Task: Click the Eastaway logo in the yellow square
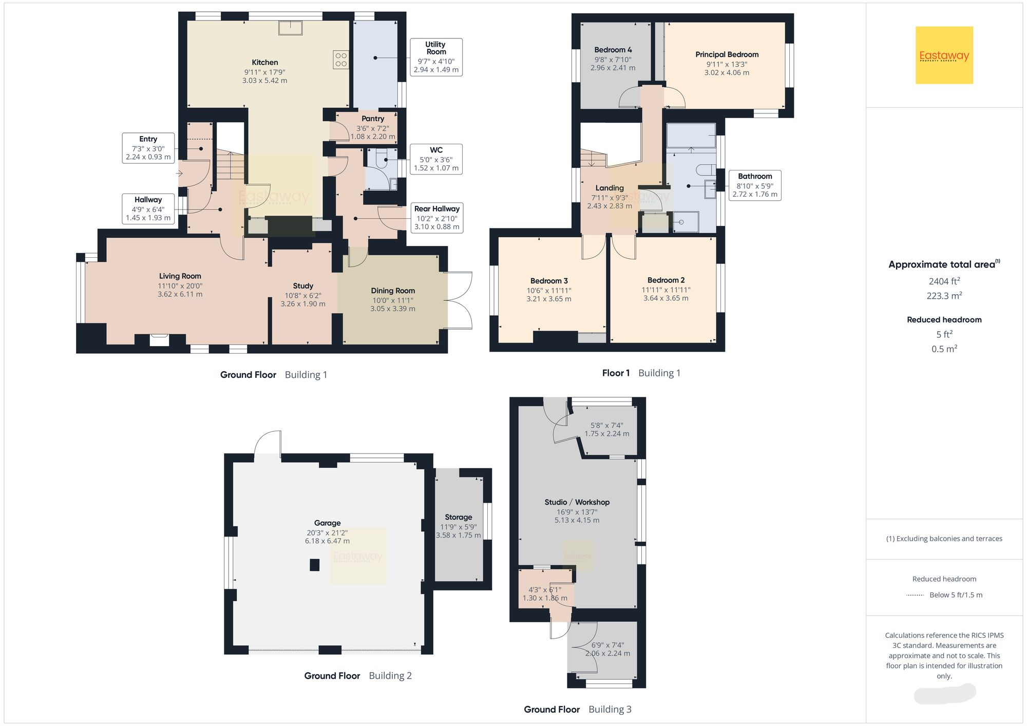944,55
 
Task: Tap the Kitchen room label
264,63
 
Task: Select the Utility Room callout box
436,57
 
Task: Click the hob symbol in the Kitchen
341,60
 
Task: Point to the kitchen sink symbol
290,28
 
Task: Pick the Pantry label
373,119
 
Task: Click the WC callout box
436,159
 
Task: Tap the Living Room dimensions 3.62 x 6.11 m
180,295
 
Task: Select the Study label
303,286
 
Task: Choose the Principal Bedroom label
727,54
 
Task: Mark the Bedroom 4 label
613,50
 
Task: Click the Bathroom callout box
754,185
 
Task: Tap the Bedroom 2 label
665,280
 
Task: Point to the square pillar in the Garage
314,565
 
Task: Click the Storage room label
458,518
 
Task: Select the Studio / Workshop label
577,502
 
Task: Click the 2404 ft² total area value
944,281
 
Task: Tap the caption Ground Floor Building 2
357,676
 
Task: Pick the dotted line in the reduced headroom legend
915,596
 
